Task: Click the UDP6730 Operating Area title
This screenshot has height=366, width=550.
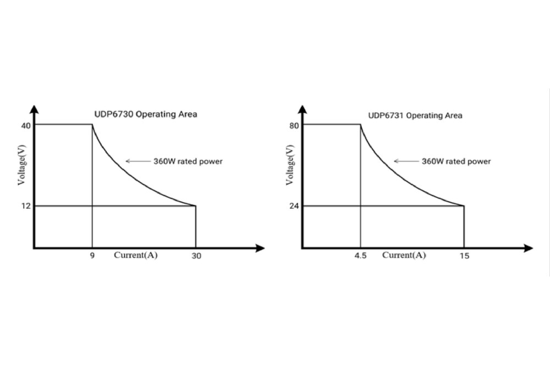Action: (145, 114)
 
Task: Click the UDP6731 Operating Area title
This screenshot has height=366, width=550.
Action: (415, 115)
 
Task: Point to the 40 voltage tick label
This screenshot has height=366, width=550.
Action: (25, 125)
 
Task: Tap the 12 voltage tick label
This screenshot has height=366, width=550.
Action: (25, 206)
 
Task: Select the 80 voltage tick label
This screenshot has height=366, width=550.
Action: (294, 125)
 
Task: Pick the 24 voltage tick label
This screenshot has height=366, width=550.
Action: (294, 206)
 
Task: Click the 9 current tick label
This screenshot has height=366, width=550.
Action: (92, 256)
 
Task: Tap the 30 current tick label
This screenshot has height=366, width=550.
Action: (196, 256)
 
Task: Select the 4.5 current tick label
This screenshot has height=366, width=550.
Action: (360, 256)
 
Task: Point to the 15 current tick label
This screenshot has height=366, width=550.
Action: (464, 256)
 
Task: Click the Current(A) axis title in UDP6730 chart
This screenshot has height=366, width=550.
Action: (136, 255)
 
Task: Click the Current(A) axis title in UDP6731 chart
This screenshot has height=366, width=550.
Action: (404, 255)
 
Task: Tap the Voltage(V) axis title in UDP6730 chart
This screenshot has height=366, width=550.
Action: (22, 165)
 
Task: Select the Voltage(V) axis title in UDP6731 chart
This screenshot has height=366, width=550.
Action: (290, 165)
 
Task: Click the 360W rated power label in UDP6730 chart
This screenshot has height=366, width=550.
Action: (188, 161)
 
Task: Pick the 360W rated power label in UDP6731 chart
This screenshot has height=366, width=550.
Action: (456, 161)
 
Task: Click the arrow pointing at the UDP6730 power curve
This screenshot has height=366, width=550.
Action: (137, 161)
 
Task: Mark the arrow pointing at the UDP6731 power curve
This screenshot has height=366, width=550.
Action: (405, 161)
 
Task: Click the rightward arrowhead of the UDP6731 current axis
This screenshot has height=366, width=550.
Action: (529, 248)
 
